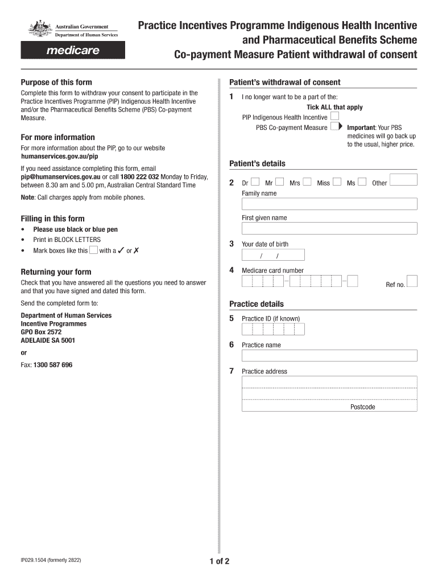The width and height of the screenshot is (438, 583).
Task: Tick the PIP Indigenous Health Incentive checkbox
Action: coord(334,117)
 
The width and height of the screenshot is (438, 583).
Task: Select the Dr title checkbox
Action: coord(255,182)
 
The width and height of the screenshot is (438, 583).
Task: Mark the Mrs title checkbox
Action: coord(307,182)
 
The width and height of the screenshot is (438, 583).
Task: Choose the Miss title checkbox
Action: coord(337,182)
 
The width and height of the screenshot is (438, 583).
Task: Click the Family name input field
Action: coord(329,204)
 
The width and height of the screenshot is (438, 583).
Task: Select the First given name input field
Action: coord(329,228)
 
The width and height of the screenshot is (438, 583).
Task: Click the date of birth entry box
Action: coord(273,254)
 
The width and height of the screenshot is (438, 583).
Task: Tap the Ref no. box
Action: coord(412,281)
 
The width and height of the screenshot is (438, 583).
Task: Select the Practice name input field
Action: coord(329,355)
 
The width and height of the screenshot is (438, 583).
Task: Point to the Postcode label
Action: coord(363,407)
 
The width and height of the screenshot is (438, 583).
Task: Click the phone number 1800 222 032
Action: coord(139,176)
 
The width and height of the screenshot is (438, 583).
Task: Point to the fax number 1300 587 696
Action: coord(53,364)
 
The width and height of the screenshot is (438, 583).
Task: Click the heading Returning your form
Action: coord(56,272)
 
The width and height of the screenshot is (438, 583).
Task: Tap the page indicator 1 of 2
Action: coord(219,561)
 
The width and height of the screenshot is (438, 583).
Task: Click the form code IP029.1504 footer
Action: coord(51,560)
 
